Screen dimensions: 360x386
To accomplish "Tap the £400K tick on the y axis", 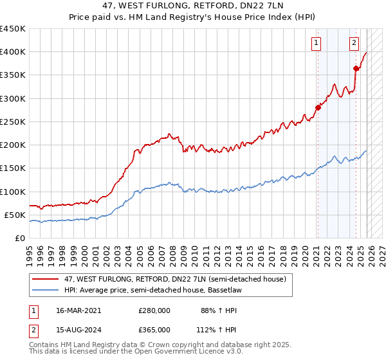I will [x=12, y=52].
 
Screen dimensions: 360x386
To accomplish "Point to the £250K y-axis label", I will [x=12, y=122].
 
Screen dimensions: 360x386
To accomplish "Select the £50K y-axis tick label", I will [x=15, y=215].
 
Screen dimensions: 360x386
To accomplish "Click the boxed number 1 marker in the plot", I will [x=317, y=43].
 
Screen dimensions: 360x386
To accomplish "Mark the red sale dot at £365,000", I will [x=356, y=68].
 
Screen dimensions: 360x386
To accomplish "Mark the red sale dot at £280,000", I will [x=317, y=107].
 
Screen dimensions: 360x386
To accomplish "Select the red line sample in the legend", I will [x=45, y=279].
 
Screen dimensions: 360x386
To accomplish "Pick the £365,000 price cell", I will [x=154, y=329].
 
